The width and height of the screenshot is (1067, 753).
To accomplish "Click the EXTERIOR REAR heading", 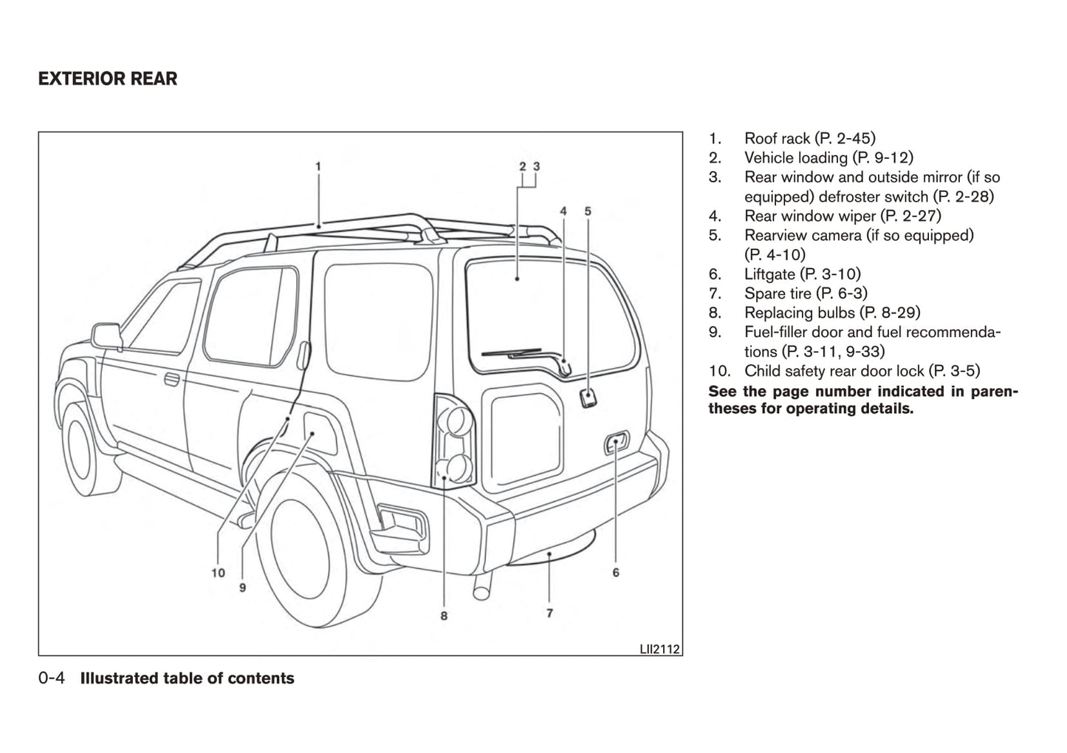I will [108, 78].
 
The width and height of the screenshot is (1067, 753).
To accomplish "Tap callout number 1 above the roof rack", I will [318, 166].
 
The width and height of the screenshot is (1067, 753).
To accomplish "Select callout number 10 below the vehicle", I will [218, 573].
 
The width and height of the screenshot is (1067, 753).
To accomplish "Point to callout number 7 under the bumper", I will [550, 613].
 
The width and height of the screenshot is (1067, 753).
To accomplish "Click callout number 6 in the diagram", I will [616, 572].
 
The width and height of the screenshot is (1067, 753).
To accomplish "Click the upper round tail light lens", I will [456, 420].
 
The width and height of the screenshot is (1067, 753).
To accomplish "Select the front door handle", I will [171, 380].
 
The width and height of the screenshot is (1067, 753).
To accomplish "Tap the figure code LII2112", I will [659, 650].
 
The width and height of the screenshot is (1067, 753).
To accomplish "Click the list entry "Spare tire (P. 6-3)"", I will [806, 293].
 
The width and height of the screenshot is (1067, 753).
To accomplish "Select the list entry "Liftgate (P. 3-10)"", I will [802, 274].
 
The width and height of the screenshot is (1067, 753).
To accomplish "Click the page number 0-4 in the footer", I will [52, 678].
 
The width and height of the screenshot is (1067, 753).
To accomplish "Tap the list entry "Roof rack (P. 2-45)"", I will [809, 138].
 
